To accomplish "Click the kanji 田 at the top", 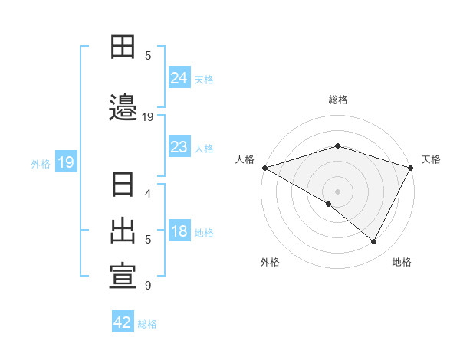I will [123, 47].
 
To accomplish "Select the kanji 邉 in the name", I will [123, 107].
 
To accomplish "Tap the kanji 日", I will [123, 185].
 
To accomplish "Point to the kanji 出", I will [123, 231].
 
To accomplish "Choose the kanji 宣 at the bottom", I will [123, 277].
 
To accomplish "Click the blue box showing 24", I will [179, 77].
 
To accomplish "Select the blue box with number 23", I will [179, 147].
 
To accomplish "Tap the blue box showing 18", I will [179, 231].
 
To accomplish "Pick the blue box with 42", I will [123, 322].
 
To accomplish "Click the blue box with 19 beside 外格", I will [65, 162].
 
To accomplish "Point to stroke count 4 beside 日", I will [148, 194].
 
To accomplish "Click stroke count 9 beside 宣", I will [148, 286].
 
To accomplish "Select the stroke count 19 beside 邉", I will [148, 117].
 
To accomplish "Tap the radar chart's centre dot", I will [337, 191].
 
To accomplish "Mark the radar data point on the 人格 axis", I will [264, 167].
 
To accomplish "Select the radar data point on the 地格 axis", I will [374, 241].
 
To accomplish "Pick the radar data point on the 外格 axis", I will [329, 204].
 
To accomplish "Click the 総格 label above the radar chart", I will [337, 100].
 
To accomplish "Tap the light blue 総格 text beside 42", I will [147, 324].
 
